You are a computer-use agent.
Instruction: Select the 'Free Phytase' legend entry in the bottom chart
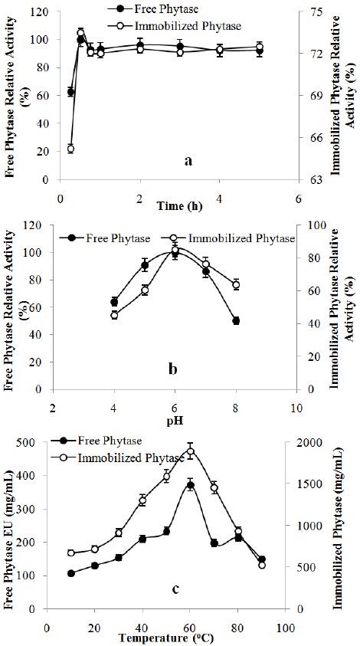(x=123, y=441)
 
